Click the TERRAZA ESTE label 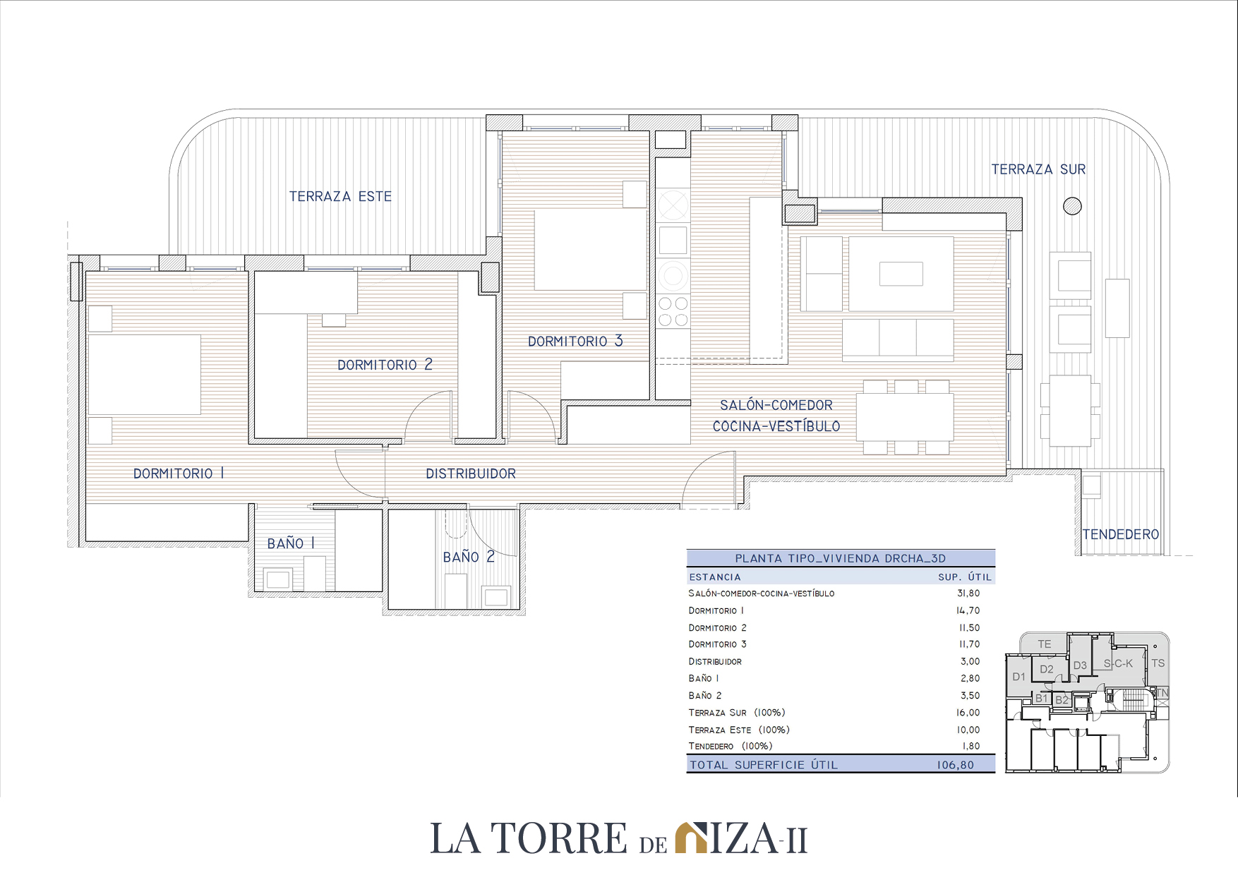point(340,196)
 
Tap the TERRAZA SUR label point(1038,169)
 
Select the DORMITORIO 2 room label point(385,364)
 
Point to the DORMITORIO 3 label point(575,341)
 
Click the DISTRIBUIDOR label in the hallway point(471,473)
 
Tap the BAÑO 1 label point(291,543)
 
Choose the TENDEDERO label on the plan point(1121,534)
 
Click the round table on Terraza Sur point(1072,206)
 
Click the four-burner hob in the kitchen point(673,311)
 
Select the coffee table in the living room point(901,274)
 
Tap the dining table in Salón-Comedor point(905,417)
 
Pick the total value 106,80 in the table point(956,765)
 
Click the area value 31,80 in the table point(968,593)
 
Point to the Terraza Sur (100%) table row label point(737,713)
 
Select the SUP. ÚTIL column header point(965,577)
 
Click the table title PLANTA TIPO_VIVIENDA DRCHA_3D point(840,558)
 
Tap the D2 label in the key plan point(1047,669)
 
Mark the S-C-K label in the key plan point(1118,663)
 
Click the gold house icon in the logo point(691,838)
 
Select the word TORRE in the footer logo point(559,838)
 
